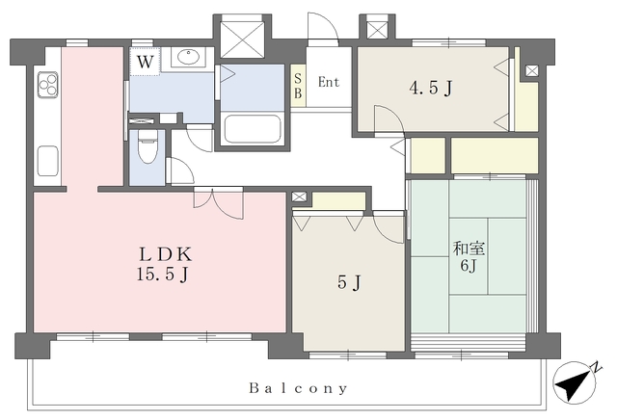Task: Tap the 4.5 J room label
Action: [x=431, y=88]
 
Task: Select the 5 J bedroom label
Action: [x=349, y=282]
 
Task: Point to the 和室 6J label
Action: [x=469, y=257]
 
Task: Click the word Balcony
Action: [x=298, y=388]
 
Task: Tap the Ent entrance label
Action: [x=329, y=82]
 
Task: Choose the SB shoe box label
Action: [x=298, y=87]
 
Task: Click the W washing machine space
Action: [x=145, y=62]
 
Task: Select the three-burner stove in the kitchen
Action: [x=48, y=85]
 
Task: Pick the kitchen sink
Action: [x=48, y=161]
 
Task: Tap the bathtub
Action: [x=253, y=128]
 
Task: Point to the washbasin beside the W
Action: [x=189, y=57]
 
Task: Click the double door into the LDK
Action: [x=219, y=203]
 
